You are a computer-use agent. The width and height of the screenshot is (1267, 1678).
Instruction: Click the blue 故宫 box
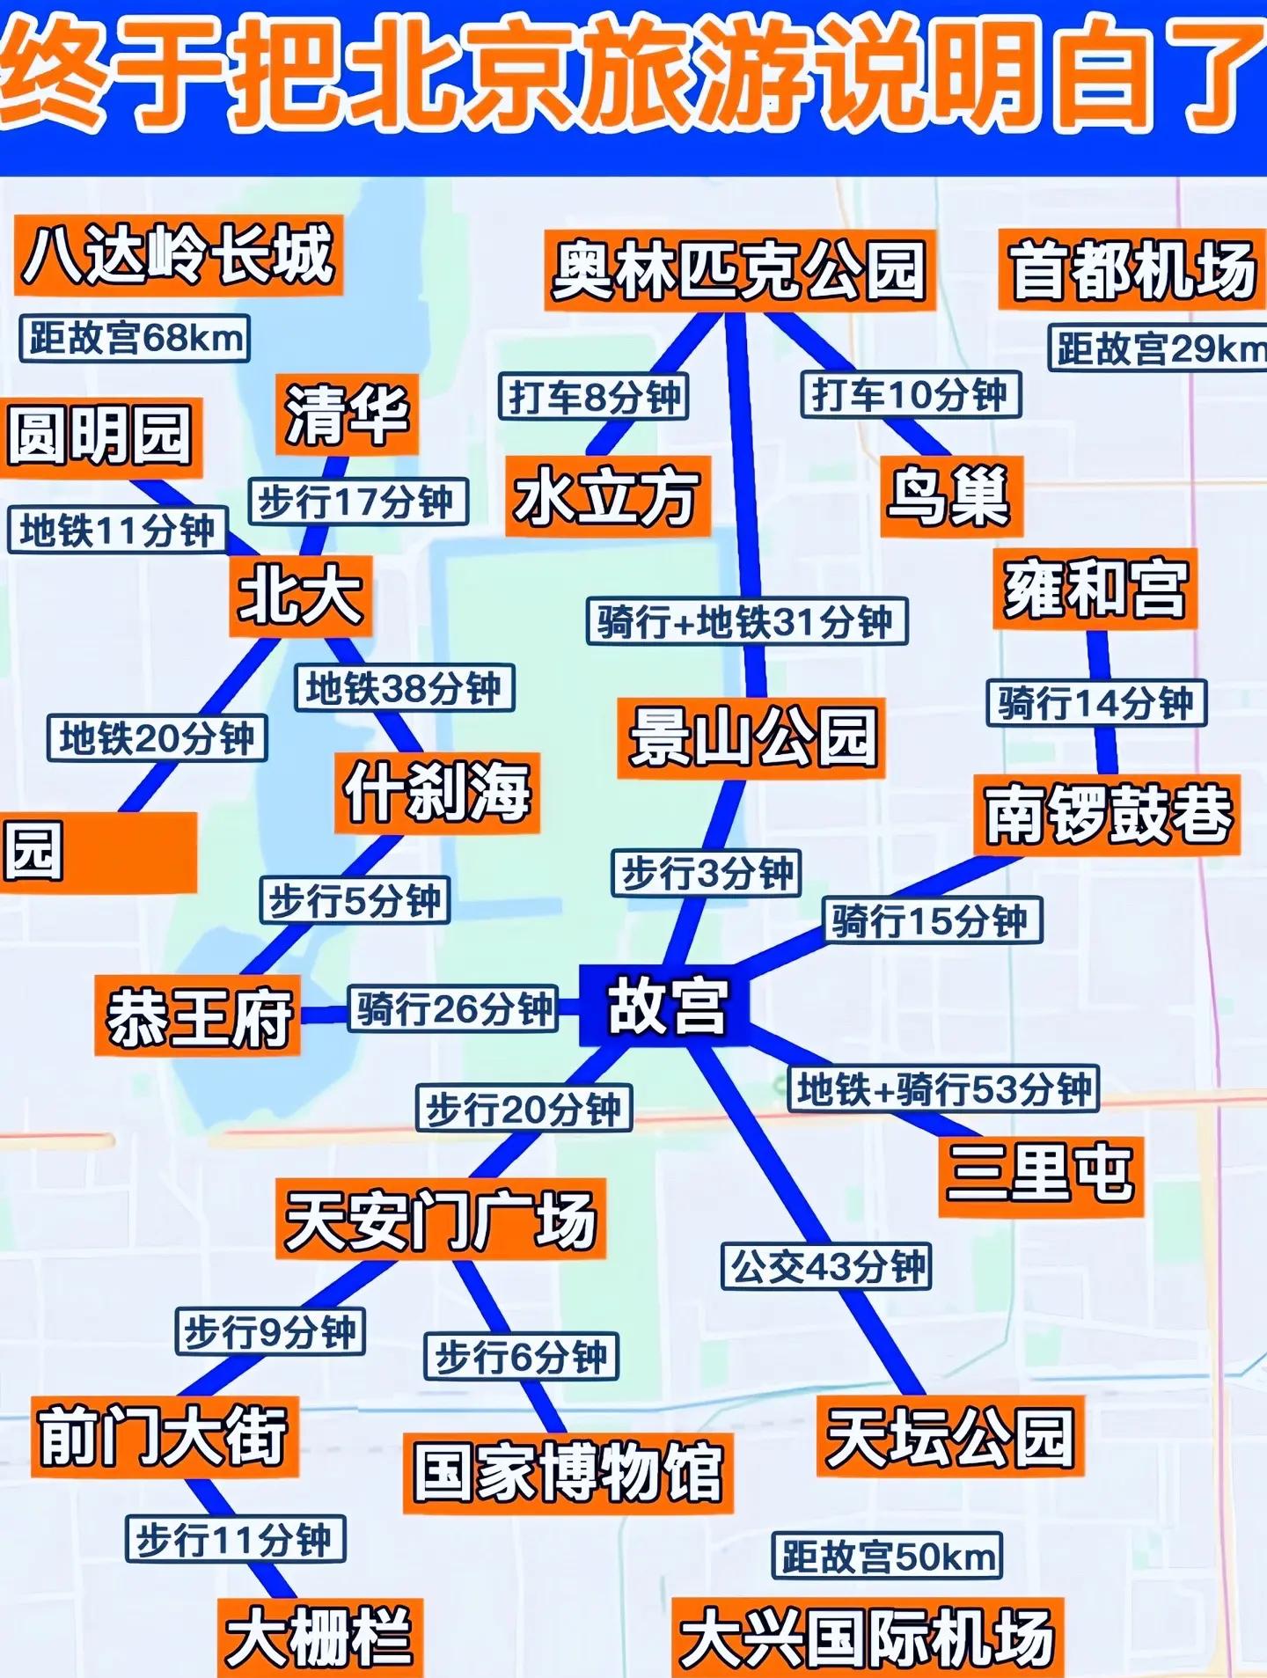pos(665,1006)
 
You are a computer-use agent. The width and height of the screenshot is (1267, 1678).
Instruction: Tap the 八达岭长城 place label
pos(178,255)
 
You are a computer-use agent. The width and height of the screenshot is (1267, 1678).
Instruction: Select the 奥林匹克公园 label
pos(738,270)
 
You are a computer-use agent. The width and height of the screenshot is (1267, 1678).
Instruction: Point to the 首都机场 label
pos(1132,270)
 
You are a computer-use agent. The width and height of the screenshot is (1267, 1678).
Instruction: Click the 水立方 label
pos(607,497)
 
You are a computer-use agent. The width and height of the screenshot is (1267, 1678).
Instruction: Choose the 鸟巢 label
pos(950,497)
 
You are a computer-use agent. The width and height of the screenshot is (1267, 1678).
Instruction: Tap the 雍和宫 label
pos(1095,589)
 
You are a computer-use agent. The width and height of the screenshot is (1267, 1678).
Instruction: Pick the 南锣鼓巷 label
pos(1107,815)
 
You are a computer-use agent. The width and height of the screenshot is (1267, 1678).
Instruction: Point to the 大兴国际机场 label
pos(868,1637)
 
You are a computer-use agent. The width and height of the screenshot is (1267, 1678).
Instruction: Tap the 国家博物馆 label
pos(568,1472)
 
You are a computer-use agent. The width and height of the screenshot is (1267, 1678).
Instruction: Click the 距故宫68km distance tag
pos(135,338)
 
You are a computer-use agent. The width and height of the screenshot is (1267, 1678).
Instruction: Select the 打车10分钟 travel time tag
pos(910,395)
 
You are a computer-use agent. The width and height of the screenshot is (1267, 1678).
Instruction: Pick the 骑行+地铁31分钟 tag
pos(746,622)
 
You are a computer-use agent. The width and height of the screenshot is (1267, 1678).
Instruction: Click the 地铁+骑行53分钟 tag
pos(943,1090)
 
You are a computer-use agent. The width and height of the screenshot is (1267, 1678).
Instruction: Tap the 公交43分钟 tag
pos(826,1267)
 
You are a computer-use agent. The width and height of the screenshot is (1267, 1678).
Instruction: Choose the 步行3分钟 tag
pos(707,874)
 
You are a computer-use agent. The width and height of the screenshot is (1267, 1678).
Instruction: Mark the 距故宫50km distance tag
pos(887,1556)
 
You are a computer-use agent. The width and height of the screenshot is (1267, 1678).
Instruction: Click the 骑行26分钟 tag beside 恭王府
pos(454,1008)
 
